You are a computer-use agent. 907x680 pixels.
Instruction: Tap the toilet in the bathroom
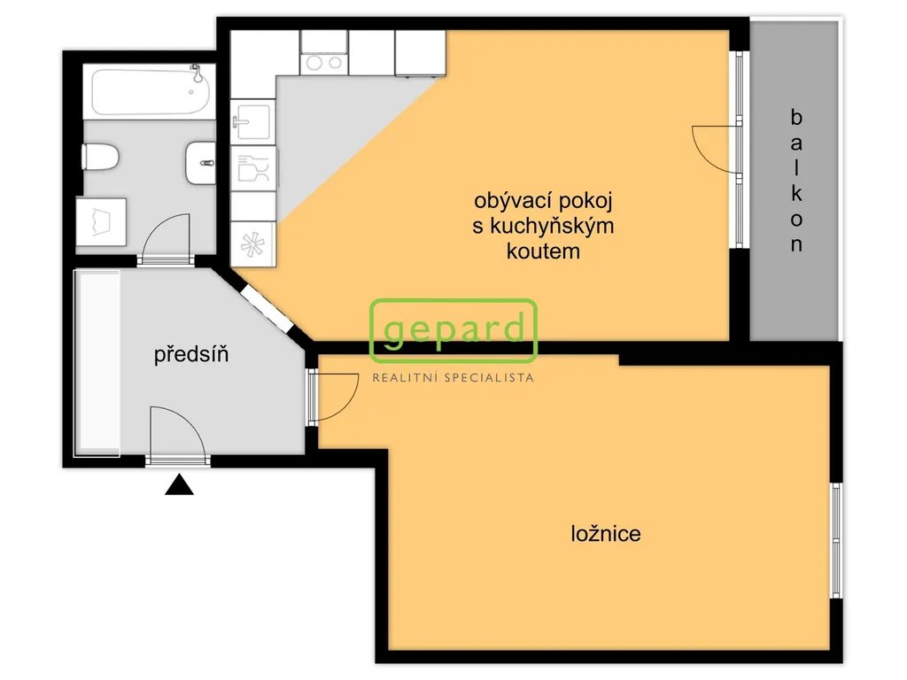point(101,158)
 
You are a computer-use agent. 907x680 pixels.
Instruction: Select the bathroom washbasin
point(201,163)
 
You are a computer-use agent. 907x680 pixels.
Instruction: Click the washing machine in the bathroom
point(101,222)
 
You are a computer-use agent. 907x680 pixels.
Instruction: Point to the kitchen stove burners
point(324,63)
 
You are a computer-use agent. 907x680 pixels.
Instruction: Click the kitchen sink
point(252,122)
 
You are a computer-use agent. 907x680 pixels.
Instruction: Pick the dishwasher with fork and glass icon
point(253,168)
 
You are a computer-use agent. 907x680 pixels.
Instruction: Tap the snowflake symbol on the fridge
point(252,244)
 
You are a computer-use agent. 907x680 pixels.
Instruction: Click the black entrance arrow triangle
point(179,484)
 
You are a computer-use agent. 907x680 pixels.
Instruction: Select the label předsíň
point(191,354)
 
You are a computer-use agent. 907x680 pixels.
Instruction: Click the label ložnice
point(606,533)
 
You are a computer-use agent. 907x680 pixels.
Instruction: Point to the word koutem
point(543,251)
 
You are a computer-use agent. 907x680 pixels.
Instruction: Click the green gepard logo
point(453,329)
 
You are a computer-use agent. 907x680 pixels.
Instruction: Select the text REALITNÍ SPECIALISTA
point(453,378)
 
